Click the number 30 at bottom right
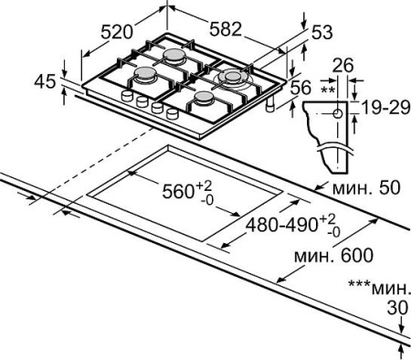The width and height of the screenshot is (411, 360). coord(395,309)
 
